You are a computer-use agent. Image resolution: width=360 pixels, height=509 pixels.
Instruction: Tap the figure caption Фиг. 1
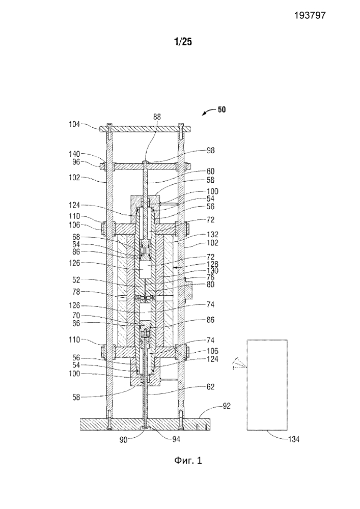click(185, 461)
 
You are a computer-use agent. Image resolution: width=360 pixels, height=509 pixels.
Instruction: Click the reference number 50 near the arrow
click(223, 109)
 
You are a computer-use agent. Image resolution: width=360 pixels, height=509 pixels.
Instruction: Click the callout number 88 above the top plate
click(157, 117)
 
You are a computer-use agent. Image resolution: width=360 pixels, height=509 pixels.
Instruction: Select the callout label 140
click(75, 153)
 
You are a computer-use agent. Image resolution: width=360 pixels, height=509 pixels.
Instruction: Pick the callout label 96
click(76, 162)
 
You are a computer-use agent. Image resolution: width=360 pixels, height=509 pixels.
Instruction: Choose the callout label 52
click(77, 280)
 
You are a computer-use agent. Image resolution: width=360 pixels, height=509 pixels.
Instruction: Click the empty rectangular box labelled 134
click(266, 384)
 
